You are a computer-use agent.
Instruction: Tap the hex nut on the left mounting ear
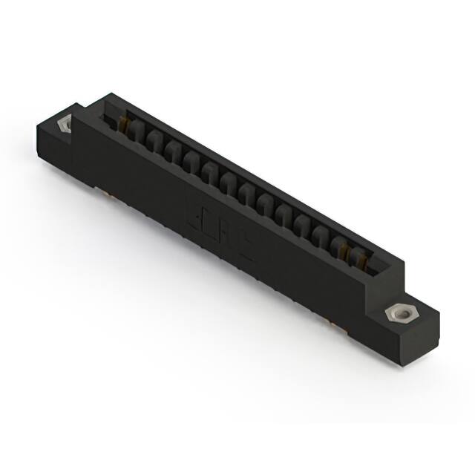pos(64,122)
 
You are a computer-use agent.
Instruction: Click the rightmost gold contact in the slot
pos(361,258)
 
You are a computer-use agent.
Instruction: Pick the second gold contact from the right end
pos(345,251)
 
